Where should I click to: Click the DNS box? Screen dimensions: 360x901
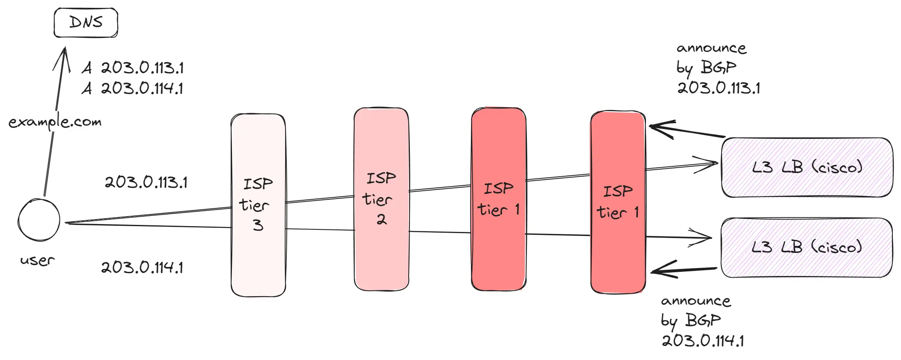click(86, 23)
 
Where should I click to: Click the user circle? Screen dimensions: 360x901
click(39, 220)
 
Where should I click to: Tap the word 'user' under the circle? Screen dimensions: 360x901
click(37, 260)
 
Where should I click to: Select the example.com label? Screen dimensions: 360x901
click(55, 122)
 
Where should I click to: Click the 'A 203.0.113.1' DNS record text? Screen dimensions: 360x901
click(133, 68)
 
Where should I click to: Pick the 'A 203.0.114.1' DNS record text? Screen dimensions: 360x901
click(133, 88)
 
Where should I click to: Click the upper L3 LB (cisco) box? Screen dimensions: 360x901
click(807, 167)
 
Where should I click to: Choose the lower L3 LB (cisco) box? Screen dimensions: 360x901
click(806, 247)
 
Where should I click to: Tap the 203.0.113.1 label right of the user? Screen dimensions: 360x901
click(146, 182)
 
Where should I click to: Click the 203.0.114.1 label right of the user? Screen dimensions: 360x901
click(142, 267)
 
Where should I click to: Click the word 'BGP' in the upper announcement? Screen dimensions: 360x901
click(718, 67)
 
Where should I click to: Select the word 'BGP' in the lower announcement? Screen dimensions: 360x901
click(703, 320)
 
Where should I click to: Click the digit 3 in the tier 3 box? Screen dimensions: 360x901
click(258, 225)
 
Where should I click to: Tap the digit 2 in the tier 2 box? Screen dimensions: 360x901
click(381, 219)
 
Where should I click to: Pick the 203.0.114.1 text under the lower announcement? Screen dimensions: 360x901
click(703, 341)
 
